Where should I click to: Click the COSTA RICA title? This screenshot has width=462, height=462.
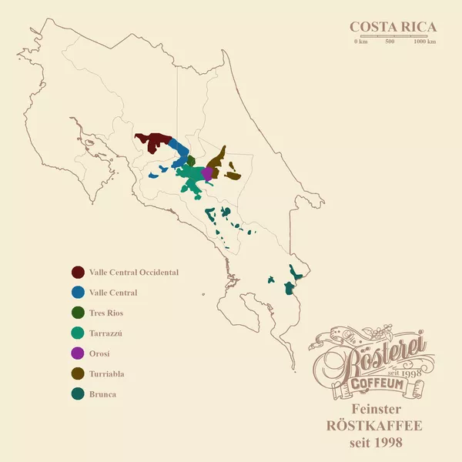coord(393,27)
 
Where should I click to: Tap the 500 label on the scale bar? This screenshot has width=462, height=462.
coord(390,42)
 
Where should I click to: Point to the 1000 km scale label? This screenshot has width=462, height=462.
coord(424,42)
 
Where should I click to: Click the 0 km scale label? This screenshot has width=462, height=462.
coord(360,42)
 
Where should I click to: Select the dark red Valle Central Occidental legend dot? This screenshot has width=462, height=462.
coord(78,273)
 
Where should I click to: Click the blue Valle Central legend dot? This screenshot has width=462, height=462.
coord(78,293)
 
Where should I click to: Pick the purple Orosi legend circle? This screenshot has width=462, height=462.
coord(78,353)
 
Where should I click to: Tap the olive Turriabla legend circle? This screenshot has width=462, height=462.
coord(78,373)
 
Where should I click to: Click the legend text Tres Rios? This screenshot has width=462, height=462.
coord(106,313)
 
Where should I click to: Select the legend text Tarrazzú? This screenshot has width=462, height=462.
coord(106,333)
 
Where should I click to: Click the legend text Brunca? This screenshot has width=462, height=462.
coord(102,394)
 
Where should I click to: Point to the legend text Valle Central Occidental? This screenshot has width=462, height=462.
coord(134,273)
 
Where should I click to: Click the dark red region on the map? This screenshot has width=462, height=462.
coord(152,140)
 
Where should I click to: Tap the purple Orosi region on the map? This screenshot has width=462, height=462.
coord(206,173)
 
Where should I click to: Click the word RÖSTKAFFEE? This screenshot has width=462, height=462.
coord(377,426)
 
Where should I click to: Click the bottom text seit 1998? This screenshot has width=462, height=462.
coord(377,443)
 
